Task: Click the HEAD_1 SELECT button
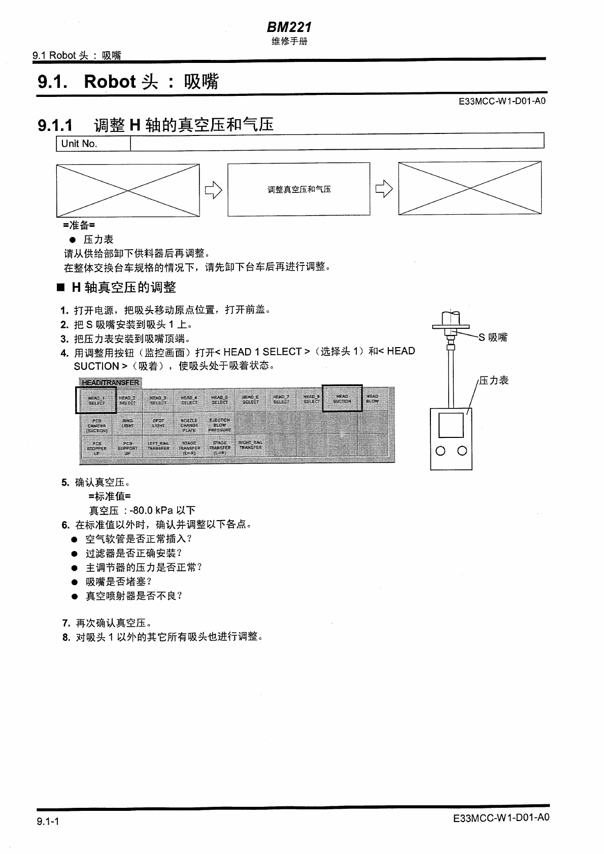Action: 96,400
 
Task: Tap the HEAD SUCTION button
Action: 342,398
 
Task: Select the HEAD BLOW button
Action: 373,398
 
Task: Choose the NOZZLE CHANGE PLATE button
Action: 189,425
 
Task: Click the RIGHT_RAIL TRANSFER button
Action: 250,446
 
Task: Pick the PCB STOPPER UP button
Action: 96,449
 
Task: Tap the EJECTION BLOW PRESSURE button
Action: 220,425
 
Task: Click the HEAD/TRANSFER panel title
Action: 110,382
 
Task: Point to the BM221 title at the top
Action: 289,27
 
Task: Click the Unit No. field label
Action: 79,144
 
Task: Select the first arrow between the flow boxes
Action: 214,190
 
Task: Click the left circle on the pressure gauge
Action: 441,451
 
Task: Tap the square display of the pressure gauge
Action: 451,425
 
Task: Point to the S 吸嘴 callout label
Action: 493,337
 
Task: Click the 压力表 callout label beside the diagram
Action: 494,381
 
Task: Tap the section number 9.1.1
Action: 55,125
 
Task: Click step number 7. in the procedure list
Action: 66,623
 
